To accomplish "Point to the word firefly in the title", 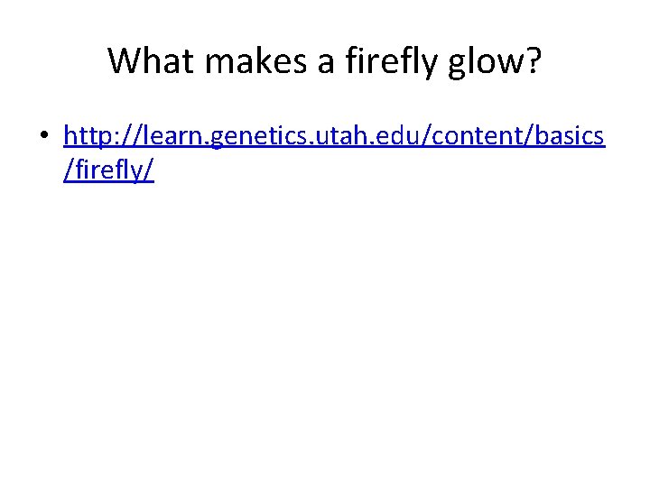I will pyautogui.click(x=371, y=61).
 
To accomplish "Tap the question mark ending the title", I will pyautogui.click(x=533, y=61).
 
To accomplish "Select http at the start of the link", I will pyautogui.click(x=89, y=136).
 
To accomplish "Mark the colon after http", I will pyautogui.click(x=121, y=138).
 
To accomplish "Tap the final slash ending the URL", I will pyautogui.click(x=150, y=170).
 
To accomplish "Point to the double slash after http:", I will pyautogui.click(x=135, y=136).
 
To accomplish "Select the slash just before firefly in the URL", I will pyautogui.click(x=68, y=170).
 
